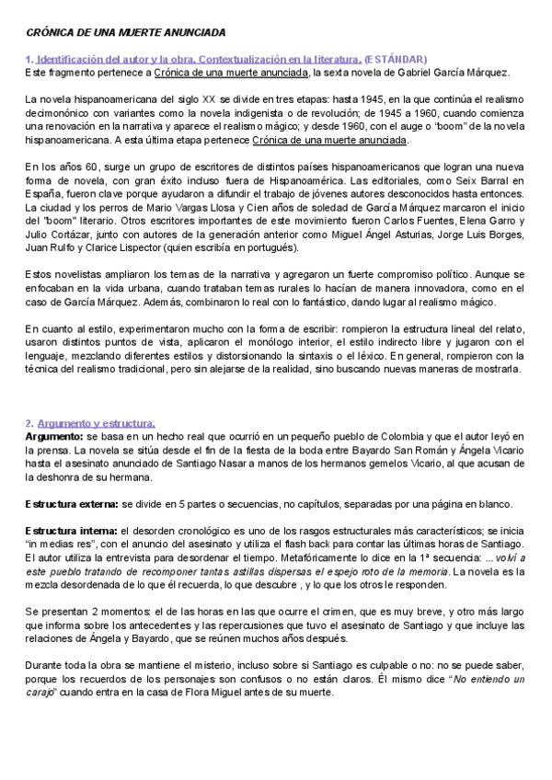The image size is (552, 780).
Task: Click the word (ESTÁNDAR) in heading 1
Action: (x=402, y=59)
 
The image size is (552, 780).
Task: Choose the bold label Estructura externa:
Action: (x=70, y=504)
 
